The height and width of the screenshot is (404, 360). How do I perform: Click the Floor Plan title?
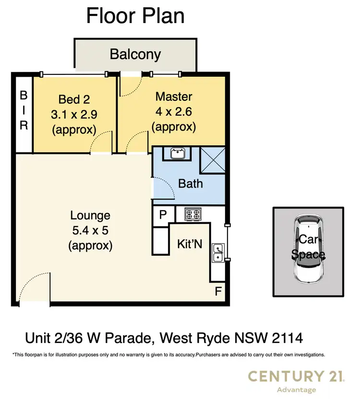[x=135, y=16]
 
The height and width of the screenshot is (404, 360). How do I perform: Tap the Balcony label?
[x=135, y=54]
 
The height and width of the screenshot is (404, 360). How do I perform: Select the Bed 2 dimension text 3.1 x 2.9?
[x=74, y=115]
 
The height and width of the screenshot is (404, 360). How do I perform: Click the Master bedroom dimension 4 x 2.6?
[x=173, y=112]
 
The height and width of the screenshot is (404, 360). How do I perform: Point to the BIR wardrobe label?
[x=24, y=111]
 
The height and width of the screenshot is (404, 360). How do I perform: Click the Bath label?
[x=190, y=183]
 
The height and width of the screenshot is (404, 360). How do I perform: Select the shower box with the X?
[x=212, y=158]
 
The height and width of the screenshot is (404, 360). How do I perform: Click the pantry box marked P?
[x=163, y=214]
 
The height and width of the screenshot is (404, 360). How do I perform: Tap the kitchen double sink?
[x=217, y=252]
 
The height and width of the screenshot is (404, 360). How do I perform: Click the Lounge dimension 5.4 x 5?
[x=90, y=230]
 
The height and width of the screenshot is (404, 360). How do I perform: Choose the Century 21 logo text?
[x=296, y=377]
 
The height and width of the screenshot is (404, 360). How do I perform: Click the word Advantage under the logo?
[x=296, y=390]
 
